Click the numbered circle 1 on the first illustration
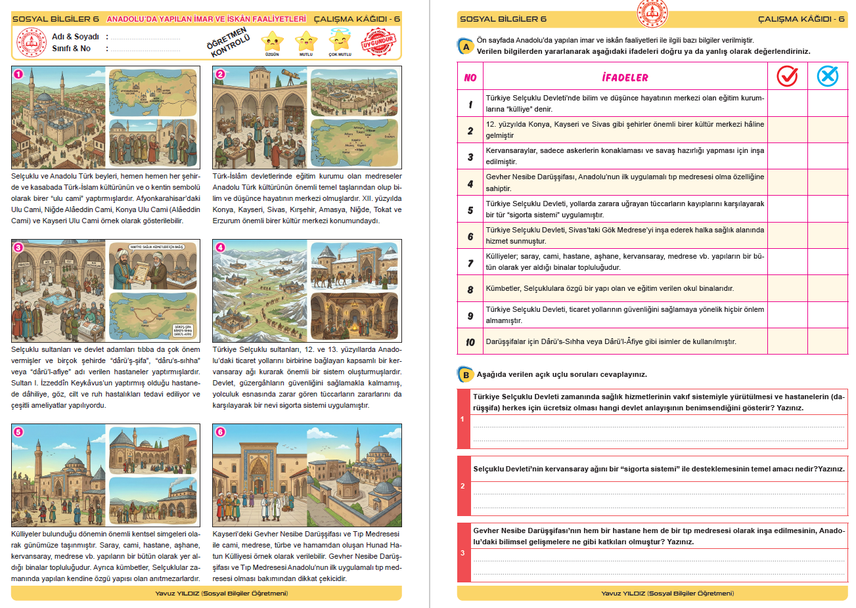click(18, 74)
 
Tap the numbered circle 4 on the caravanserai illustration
click(220, 248)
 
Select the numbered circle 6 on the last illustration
click(220, 431)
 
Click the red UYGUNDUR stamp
click(379, 42)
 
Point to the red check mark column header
click(787, 76)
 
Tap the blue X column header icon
click(828, 76)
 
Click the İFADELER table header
click(625, 77)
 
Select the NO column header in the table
click(470, 77)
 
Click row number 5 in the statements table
click(470, 210)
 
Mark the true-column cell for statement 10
click(787, 341)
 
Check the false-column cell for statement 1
click(828, 104)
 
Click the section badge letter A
click(466, 47)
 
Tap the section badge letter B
click(466, 375)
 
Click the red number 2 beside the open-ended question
click(463, 486)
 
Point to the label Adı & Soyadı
click(76, 37)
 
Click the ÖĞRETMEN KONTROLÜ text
click(229, 43)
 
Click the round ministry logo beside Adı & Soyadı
click(31, 43)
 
